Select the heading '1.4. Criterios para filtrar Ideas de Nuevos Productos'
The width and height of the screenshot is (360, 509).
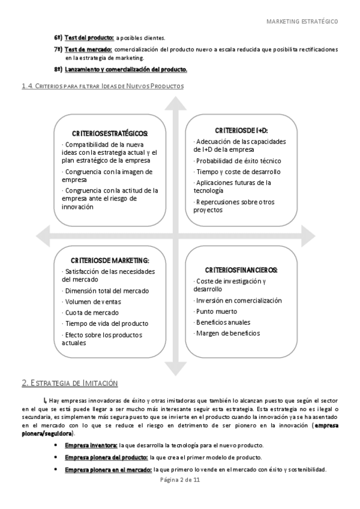103,86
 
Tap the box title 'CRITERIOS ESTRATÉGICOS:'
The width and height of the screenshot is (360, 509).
110,133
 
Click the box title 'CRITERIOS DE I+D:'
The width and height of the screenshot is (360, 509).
241,130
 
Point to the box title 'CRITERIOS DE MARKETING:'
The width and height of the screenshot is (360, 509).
110,260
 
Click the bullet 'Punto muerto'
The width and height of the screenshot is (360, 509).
217,312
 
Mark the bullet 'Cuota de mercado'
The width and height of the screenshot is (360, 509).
92,312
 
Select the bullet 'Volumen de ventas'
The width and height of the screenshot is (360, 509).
94,301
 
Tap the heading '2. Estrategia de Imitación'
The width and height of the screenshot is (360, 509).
70,383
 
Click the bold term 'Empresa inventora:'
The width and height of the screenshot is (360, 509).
91,445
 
